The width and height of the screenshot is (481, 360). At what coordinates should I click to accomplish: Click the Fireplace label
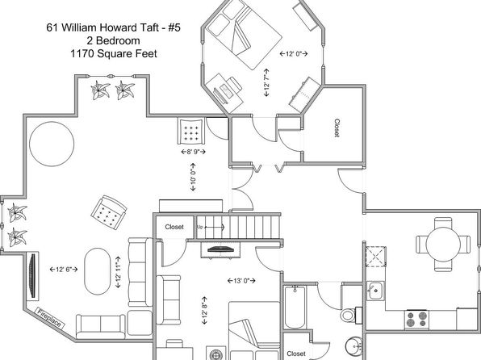click(50, 318)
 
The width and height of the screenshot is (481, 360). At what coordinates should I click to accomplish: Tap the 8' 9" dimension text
click(193, 151)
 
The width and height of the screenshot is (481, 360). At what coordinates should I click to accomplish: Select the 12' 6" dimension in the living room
click(64, 270)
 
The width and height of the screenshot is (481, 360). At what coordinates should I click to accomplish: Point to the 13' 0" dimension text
click(241, 281)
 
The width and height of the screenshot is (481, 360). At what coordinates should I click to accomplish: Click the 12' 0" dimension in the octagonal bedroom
click(294, 54)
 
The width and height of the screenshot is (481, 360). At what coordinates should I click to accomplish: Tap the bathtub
click(295, 307)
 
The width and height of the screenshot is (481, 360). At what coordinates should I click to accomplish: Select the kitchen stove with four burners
click(416, 320)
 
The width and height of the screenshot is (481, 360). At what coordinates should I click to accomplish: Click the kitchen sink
click(375, 291)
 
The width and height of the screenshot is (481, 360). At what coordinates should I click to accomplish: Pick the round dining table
click(443, 245)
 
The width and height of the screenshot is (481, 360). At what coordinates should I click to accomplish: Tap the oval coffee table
click(97, 271)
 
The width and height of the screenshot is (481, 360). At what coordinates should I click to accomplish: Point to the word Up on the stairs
click(199, 227)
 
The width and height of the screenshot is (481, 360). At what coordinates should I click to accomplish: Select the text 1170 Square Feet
click(114, 54)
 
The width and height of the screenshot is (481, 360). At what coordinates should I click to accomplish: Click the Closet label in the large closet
click(337, 128)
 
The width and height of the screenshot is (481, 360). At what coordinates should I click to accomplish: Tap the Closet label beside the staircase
click(174, 227)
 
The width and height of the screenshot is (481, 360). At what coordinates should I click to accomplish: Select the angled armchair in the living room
click(109, 212)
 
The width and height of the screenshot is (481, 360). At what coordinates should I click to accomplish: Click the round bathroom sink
click(354, 347)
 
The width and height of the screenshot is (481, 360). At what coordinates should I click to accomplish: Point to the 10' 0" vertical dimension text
click(193, 177)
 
